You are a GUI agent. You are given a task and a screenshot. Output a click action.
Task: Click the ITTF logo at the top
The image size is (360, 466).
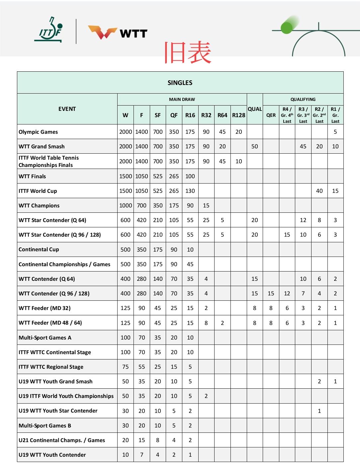pyautogui.click(x=48, y=30)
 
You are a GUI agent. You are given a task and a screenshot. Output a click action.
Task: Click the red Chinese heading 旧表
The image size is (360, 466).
pyautogui.click(x=188, y=52)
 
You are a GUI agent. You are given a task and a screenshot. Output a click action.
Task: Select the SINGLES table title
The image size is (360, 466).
pyautogui.click(x=180, y=83)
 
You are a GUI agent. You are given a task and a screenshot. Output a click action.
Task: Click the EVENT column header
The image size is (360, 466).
pyautogui.click(x=67, y=109)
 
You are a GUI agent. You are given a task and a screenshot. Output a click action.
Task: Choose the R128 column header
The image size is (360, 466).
pyautogui.click(x=238, y=115)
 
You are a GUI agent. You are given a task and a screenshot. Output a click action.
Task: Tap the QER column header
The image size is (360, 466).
pyautogui.click(x=271, y=115)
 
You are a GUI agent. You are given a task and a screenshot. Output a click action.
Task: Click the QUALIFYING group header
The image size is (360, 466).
pyautogui.click(x=303, y=99)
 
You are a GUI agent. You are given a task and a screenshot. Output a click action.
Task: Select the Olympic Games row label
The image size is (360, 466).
pyautogui.click(x=38, y=132)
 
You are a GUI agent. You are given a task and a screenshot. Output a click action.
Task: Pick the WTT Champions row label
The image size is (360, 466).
pyautogui.click(x=39, y=205)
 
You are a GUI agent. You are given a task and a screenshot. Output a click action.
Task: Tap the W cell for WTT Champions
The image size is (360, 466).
pyautogui.click(x=126, y=205)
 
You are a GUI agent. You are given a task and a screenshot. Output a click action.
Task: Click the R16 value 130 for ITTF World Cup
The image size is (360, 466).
pyautogui.click(x=190, y=191)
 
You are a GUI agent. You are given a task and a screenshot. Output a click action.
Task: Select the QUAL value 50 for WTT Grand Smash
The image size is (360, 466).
pyautogui.click(x=255, y=146)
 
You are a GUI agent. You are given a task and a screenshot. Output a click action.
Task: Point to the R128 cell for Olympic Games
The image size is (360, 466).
pyautogui.click(x=238, y=132)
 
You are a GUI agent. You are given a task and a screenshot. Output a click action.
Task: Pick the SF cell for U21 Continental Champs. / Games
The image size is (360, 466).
pyautogui.click(x=158, y=440)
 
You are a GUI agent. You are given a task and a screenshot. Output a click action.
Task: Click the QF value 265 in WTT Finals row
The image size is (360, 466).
pyautogui.click(x=174, y=176)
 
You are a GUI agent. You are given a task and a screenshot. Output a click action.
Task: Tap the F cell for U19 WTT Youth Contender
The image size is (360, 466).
pyautogui.click(x=142, y=455)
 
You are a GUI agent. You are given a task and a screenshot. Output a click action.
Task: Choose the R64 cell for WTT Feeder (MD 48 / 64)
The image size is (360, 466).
pyautogui.click(x=222, y=323)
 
